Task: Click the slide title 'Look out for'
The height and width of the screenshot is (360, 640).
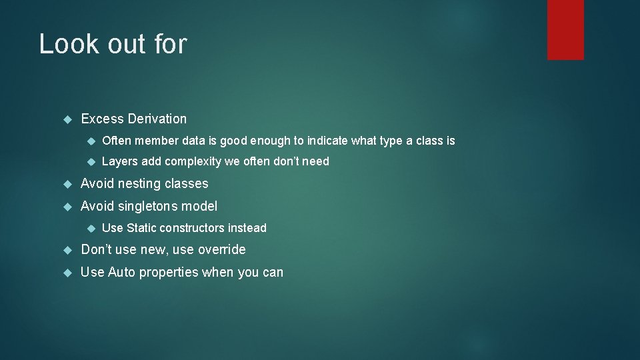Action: (113, 44)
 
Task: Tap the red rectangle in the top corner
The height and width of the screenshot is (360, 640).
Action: (565, 29)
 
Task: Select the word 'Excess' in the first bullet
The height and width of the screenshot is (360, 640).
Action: (103, 119)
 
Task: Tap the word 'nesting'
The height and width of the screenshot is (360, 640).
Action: (141, 183)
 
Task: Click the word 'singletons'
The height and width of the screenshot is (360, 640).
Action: (148, 206)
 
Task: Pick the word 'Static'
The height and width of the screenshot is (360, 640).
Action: (141, 228)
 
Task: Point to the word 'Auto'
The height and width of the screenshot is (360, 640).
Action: (121, 272)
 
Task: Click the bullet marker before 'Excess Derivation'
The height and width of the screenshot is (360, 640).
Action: (67, 119)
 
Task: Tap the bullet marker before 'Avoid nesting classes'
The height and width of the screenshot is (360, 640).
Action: (67, 184)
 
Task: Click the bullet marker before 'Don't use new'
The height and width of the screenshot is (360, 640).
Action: (67, 250)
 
